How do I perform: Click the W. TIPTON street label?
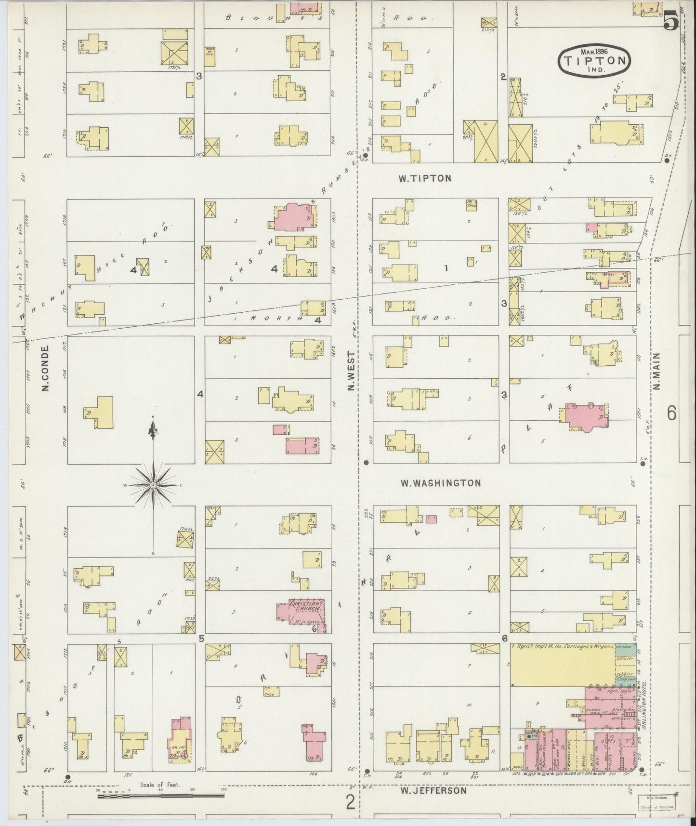point(424,178)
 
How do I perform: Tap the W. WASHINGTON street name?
point(440,482)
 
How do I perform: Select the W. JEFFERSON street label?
point(433,790)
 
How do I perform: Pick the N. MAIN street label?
point(658,371)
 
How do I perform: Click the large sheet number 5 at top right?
point(670,20)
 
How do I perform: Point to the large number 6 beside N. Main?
point(671,413)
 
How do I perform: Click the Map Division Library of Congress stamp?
point(657,802)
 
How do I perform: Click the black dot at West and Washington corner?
point(366,462)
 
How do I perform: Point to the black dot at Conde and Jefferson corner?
point(68,777)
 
